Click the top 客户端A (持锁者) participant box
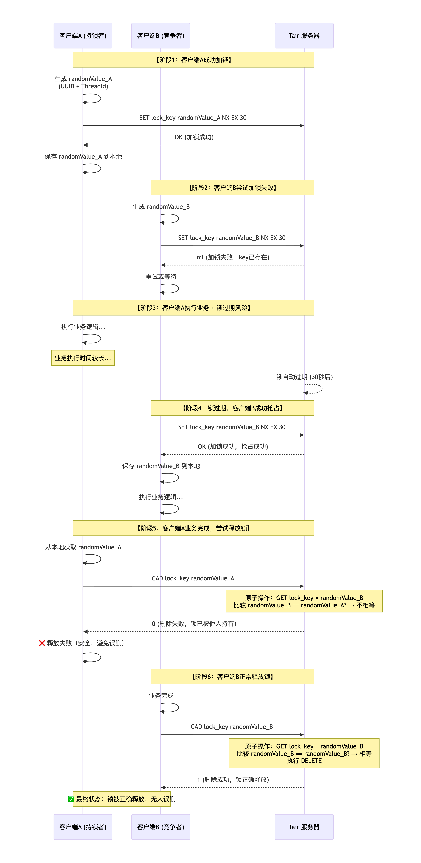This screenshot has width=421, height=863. point(83,35)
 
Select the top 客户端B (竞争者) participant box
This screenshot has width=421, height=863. point(161,35)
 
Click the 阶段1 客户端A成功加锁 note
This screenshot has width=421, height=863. point(193,60)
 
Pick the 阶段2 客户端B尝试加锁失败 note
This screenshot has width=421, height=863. point(232,188)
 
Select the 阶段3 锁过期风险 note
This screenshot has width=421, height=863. point(193,308)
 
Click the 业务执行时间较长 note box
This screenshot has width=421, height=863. point(83,358)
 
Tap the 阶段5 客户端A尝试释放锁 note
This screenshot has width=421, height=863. point(193,528)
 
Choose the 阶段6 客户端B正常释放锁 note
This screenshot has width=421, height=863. point(232,676)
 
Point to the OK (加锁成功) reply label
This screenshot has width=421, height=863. point(194,137)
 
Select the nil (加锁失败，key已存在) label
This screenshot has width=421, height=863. point(233,257)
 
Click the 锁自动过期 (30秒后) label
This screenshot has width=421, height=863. point(304,377)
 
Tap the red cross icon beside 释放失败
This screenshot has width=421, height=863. point(42,643)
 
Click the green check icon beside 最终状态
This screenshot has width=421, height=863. point(71,799)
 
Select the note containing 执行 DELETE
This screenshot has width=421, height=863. point(304,753)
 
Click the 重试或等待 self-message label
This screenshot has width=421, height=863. point(161,276)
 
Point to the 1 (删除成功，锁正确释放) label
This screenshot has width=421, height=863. point(233,780)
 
